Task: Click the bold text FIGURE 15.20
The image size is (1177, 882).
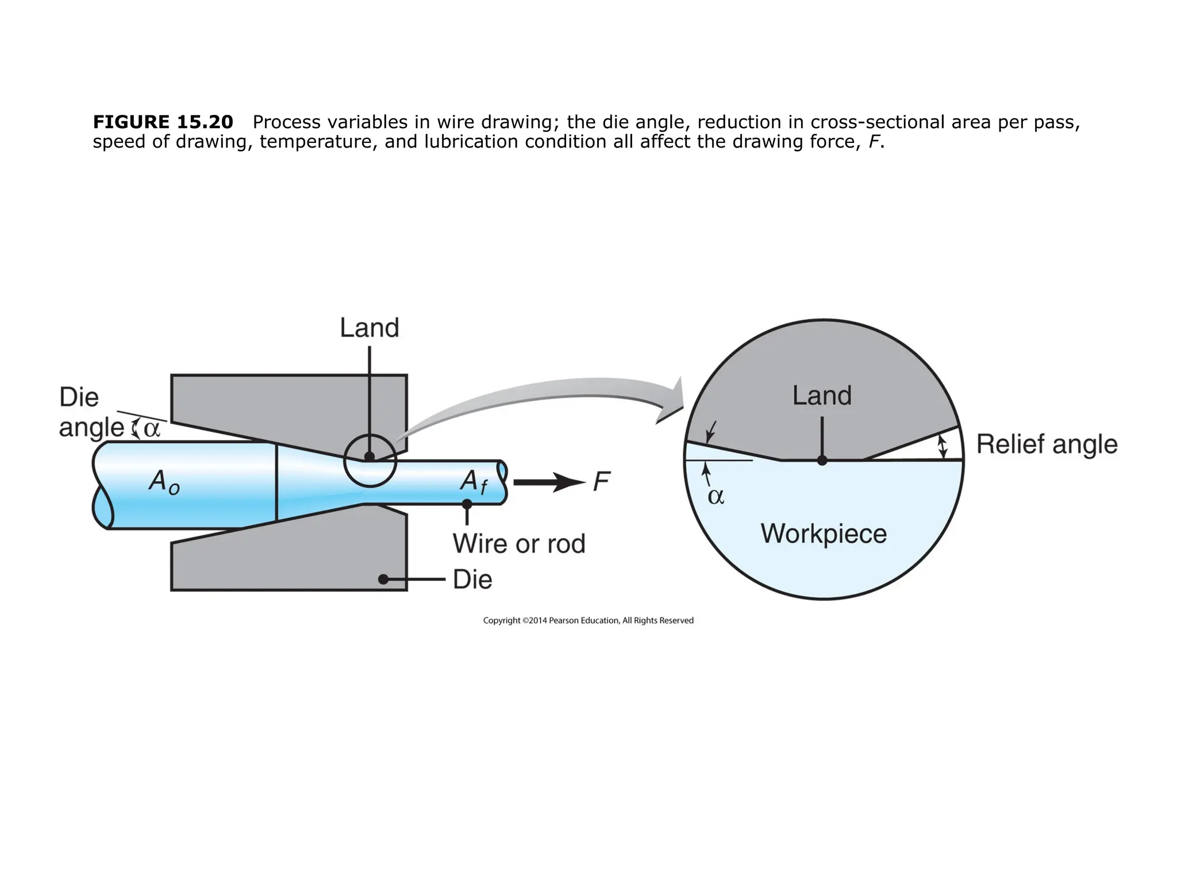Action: [x=163, y=122]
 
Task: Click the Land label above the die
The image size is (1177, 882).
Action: [x=369, y=328]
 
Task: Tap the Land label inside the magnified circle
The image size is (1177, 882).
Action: [x=821, y=396]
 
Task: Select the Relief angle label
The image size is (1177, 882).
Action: [x=1047, y=444]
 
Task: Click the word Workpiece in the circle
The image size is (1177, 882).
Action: [x=824, y=534]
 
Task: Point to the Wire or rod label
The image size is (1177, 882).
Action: [x=518, y=544]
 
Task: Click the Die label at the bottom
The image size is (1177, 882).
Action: [x=472, y=579]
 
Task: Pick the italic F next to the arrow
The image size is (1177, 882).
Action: [x=601, y=482]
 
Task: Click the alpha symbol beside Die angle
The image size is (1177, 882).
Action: [x=152, y=429]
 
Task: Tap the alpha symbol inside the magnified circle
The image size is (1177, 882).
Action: [x=716, y=497]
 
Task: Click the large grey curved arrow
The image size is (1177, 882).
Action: [x=546, y=402]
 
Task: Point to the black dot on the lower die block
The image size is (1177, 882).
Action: [x=383, y=579]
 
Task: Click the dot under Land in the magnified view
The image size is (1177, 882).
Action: [x=822, y=460]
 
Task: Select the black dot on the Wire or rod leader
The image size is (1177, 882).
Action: [x=467, y=504]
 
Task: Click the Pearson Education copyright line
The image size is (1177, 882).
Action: [x=588, y=620]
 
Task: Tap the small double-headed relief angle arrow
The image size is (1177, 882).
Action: [x=941, y=447]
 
